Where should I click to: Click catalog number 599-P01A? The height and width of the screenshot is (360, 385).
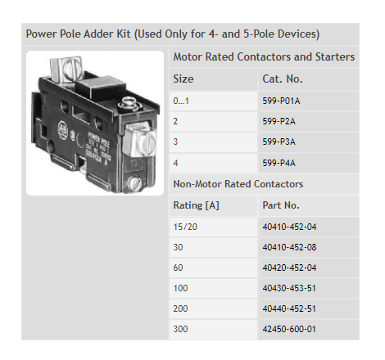pyautogui.click(x=281, y=101)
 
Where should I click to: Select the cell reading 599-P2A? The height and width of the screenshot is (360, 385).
pyautogui.click(x=279, y=121)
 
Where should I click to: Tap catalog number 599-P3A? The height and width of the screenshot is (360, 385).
pyautogui.click(x=279, y=142)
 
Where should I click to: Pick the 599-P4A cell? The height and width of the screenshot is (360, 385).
pyautogui.click(x=279, y=163)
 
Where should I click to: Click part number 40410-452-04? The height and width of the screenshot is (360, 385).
pyautogui.click(x=289, y=227)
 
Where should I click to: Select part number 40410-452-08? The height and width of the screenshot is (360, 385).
pyautogui.click(x=289, y=247)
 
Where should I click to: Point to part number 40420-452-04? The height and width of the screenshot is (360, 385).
pyautogui.click(x=289, y=268)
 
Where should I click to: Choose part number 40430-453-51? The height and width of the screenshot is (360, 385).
pyautogui.click(x=289, y=288)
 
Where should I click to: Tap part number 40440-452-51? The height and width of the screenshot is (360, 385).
pyautogui.click(x=289, y=308)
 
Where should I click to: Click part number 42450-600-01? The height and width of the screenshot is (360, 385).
pyautogui.click(x=289, y=329)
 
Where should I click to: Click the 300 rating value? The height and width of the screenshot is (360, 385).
pyautogui.click(x=180, y=329)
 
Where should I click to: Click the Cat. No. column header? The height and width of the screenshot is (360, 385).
pyautogui.click(x=283, y=79)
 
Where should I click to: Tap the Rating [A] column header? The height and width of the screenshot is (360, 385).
pyautogui.click(x=197, y=205)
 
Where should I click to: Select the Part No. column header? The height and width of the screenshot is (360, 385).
pyautogui.click(x=281, y=205)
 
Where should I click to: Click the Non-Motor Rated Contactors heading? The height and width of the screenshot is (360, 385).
pyautogui.click(x=238, y=184)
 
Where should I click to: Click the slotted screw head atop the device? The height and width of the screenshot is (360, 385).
pyautogui.click(x=72, y=68)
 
